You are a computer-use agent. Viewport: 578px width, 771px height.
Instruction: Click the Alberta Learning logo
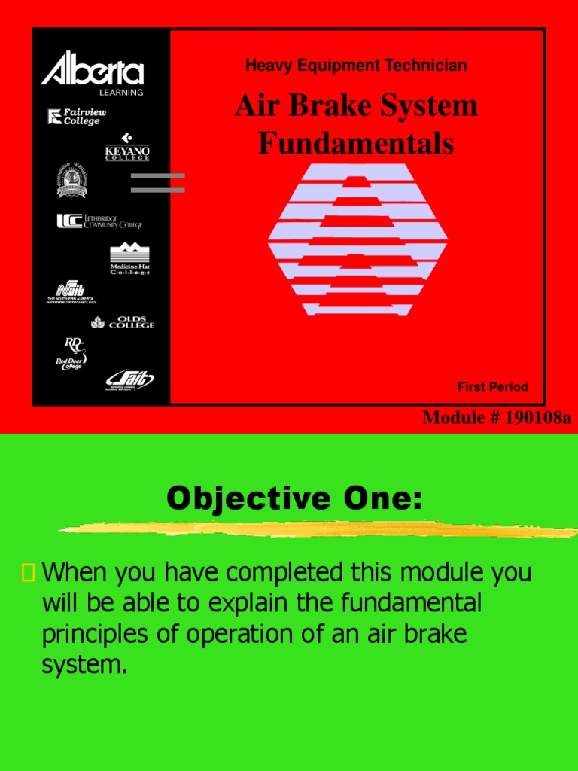pos(92,72)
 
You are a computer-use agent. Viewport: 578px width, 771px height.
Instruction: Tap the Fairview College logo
pos(76,117)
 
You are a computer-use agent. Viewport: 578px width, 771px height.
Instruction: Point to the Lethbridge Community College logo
pos(99,222)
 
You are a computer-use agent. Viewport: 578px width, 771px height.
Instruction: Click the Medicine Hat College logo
pos(129,260)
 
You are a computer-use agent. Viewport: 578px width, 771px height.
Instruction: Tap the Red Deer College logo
pos(72,353)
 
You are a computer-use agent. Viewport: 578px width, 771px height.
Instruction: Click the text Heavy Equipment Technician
pos(356,66)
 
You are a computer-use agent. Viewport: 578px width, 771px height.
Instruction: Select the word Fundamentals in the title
pos(356,142)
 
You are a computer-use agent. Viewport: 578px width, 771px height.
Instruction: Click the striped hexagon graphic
pos(357,239)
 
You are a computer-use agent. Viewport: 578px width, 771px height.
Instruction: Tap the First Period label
pos(493,387)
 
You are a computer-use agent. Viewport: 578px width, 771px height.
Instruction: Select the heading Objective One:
pos(294,498)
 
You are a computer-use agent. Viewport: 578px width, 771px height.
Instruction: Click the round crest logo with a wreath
pos(72,181)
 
